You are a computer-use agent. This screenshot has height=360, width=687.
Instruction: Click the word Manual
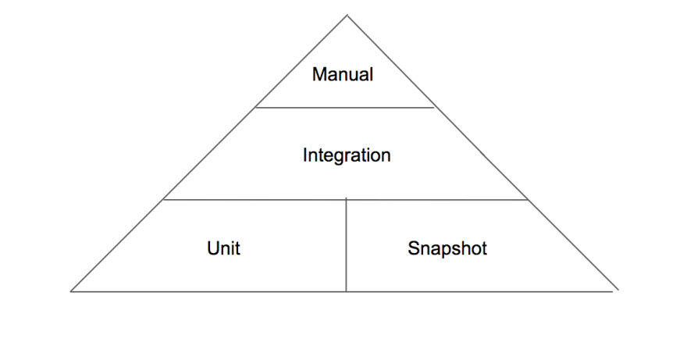343,74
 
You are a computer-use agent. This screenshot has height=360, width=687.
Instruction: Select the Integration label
347,155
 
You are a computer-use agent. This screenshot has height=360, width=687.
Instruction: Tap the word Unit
223,248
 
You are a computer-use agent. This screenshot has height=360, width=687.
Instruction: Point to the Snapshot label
447,248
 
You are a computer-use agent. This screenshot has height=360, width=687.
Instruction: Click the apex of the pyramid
347,16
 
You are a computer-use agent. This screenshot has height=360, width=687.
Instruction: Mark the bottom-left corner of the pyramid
71,291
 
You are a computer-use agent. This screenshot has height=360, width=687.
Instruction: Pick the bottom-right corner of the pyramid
618,290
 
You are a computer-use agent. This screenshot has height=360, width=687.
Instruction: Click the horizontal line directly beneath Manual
345,108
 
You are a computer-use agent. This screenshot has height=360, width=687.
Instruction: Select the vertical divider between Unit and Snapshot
346,244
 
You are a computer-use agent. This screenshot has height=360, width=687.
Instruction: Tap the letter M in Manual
319,74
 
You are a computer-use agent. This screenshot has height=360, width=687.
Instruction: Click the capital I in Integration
304,155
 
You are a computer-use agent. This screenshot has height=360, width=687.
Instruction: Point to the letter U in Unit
213,248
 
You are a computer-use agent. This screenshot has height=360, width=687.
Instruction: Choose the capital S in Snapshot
414,248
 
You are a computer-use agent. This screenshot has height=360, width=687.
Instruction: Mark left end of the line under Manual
256,108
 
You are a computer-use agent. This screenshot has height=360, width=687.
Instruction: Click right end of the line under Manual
434,108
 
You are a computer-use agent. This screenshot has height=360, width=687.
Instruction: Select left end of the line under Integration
163,200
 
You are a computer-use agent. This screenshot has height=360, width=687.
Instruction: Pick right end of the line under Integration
528,200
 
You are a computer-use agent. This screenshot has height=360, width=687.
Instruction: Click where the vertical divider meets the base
346,291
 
